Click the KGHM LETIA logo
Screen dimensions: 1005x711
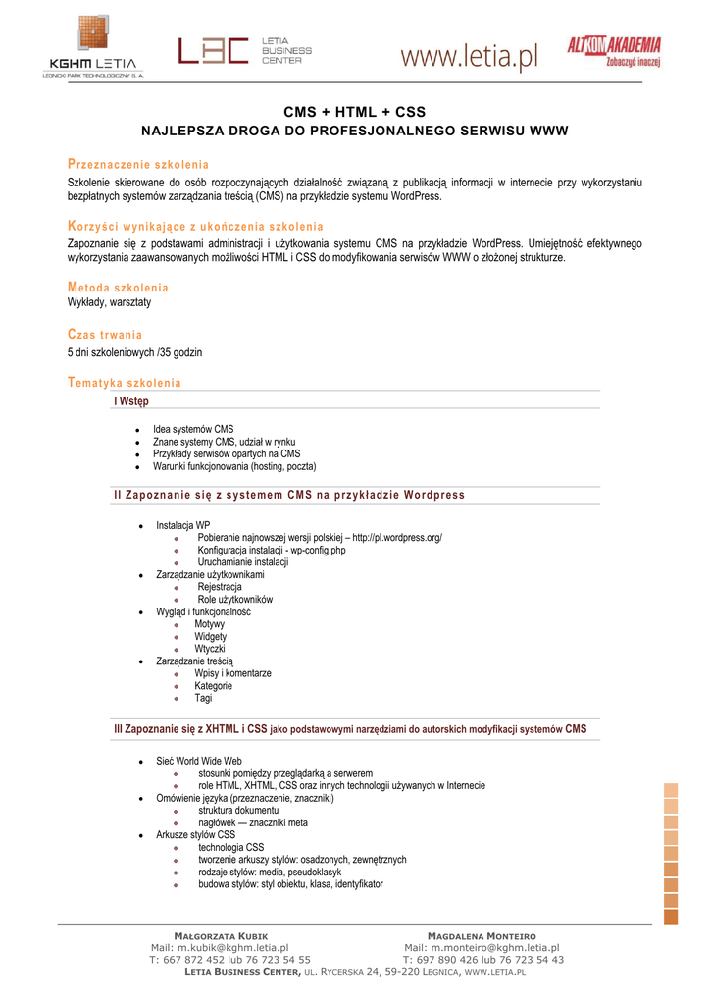point(95,47)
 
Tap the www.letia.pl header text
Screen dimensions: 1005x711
point(470,58)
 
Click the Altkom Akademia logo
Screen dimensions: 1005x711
point(614,50)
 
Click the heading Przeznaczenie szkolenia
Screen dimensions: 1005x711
point(137,164)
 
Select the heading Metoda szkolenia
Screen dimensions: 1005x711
point(118,288)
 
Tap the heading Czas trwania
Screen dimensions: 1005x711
point(105,335)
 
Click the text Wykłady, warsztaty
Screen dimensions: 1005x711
point(109,303)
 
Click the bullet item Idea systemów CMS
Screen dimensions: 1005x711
point(193,430)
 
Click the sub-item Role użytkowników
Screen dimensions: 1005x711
point(235,599)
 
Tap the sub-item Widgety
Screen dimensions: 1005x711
point(210,636)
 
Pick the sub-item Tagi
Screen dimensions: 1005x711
point(203,698)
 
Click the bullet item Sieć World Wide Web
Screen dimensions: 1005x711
point(199,761)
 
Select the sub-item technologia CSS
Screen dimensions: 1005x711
point(230,847)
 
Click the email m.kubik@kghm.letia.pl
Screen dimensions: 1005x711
point(220,948)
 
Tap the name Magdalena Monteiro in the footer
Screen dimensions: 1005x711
point(482,936)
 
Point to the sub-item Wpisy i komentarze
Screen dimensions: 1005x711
point(232,673)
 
